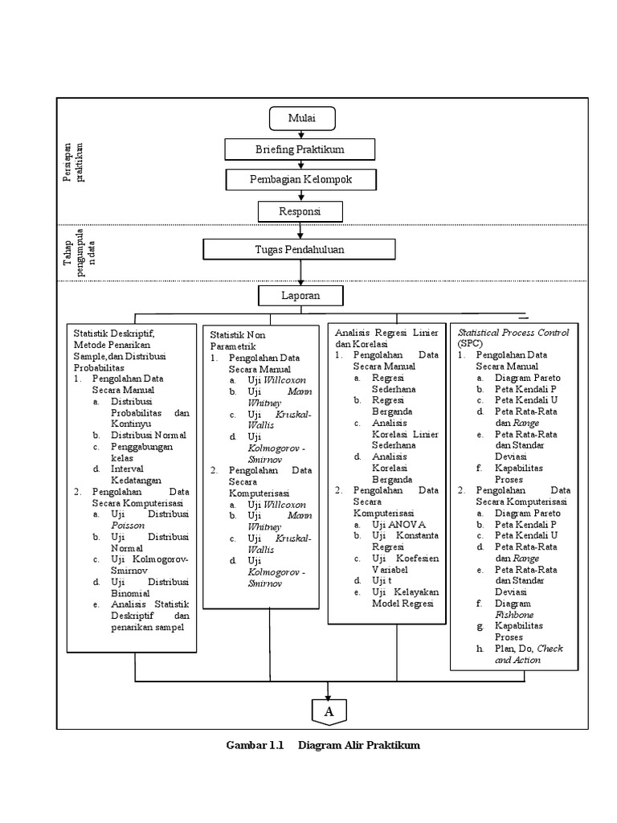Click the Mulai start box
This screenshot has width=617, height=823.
[x=301, y=119]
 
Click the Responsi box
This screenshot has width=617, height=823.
[x=300, y=211]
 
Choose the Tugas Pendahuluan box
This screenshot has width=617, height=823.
[x=300, y=250]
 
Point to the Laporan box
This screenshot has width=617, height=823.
[x=300, y=296]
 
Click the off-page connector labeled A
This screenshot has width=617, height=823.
[x=329, y=712]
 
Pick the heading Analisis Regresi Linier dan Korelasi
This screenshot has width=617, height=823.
[x=386, y=337]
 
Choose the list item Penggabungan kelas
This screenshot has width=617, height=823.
[x=141, y=452]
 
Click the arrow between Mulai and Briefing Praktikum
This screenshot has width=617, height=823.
[x=301, y=134]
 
